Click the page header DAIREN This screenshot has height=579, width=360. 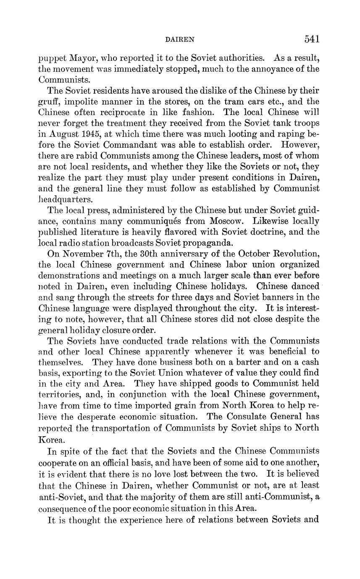(x=180, y=39)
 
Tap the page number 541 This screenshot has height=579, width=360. (x=312, y=39)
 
